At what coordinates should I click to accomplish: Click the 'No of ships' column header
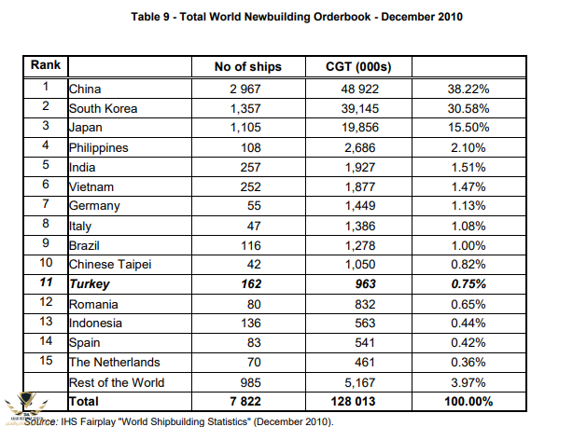pos(247,67)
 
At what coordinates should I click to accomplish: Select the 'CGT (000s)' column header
pos(357,67)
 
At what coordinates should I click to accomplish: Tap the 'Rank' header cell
pos(45,66)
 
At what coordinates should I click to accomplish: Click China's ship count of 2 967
pos(247,90)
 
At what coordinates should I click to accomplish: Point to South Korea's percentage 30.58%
pos(464,109)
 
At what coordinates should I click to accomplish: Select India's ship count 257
pos(247,167)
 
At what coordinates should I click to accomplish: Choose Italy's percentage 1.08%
pos(464,226)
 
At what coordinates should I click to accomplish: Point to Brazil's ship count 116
pos(247,245)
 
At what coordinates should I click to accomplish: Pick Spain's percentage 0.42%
pos(464,342)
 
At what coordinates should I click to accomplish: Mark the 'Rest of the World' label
pos(117,381)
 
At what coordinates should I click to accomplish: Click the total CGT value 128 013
pos(357,401)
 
